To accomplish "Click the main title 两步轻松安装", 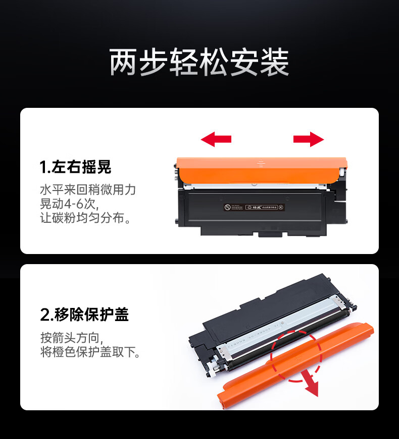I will coord(199,63).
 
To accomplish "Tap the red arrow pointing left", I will coord(216,139).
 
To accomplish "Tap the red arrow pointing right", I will coord(309,139).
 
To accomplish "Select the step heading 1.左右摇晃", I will coord(76,167).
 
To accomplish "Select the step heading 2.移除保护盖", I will coord(84,315).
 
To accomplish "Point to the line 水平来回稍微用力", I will coord(88,190).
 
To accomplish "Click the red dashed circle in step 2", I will coord(296,356).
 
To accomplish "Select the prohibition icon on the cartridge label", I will coord(226,207).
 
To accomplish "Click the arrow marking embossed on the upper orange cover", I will coord(261,164).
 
